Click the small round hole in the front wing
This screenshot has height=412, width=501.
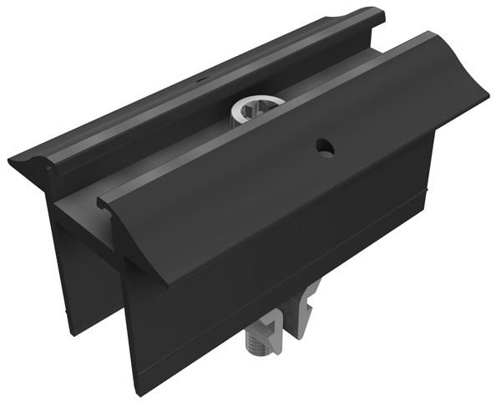(323, 147)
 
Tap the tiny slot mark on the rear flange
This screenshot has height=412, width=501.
(201, 82)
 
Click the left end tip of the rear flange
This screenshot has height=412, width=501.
(12, 159)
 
